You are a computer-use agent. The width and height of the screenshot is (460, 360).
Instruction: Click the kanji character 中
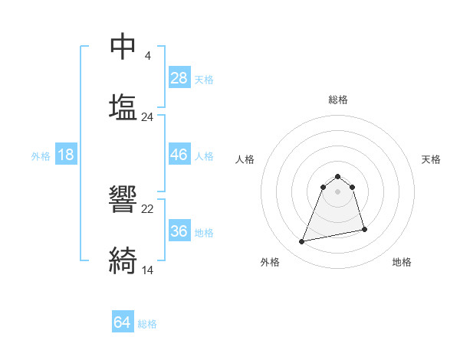(x=123, y=47)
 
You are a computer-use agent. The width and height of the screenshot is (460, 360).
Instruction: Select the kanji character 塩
(x=123, y=106)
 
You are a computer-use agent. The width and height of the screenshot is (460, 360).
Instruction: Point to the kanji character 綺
(x=123, y=260)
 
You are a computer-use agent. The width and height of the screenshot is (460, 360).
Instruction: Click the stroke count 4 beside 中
(x=147, y=56)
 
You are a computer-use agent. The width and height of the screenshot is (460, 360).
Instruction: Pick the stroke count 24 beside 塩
(x=147, y=117)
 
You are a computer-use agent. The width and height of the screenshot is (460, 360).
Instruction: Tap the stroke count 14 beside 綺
(x=147, y=270)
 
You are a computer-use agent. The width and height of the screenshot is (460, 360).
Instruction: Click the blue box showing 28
(x=179, y=78)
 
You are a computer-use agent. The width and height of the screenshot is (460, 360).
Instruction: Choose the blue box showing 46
(x=179, y=155)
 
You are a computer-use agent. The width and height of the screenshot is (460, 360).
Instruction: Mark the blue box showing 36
(x=179, y=231)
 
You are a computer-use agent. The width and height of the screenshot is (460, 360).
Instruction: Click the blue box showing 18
(x=66, y=155)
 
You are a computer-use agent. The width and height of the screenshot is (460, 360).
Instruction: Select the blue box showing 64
(x=122, y=323)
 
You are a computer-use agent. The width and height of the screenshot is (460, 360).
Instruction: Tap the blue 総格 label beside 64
(x=147, y=324)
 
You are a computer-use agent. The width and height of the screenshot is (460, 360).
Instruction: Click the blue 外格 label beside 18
(x=41, y=156)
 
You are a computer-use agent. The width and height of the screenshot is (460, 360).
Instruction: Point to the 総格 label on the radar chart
(x=338, y=100)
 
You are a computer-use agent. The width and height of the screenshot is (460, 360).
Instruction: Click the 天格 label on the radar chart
(x=432, y=159)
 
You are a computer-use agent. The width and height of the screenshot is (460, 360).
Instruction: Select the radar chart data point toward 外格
(x=302, y=242)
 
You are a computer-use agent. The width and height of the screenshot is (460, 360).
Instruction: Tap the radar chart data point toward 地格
(x=364, y=229)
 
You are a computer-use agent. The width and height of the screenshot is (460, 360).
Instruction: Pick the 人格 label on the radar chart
(x=245, y=159)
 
